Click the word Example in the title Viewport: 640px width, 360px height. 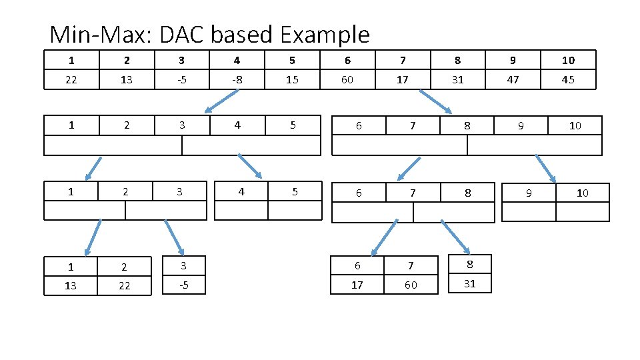(325, 34)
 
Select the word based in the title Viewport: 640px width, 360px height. (242, 34)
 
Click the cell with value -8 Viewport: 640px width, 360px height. (237, 80)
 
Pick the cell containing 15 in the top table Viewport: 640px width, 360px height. (293, 80)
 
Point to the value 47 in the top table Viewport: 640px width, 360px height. (513, 80)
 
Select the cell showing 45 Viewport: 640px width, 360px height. (568, 80)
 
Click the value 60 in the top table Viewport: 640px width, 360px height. (347, 80)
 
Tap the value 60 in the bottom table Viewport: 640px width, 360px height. (411, 285)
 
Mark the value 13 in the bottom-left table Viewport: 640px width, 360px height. (71, 285)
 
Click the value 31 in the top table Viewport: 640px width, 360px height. (457, 80)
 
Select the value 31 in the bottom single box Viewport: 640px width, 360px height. (469, 284)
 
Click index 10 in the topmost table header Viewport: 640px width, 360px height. (568, 60)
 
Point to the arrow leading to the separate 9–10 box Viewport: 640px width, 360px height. (546, 169)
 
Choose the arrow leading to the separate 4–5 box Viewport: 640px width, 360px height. (250, 167)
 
